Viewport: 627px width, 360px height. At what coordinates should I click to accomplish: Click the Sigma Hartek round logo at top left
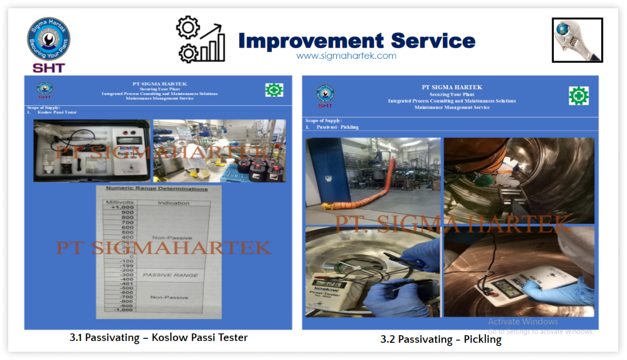[x=48, y=39]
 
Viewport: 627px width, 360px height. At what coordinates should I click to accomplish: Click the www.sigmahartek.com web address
[x=346, y=56]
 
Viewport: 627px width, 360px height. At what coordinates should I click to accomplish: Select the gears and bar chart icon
[x=201, y=39]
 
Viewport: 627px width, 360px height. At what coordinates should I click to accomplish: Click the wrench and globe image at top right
[x=577, y=40]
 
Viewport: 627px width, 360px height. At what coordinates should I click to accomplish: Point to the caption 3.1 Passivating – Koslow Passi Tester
[x=158, y=337]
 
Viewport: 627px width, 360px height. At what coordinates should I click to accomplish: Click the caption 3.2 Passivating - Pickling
[x=441, y=339]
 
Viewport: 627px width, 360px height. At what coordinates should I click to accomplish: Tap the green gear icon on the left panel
[x=274, y=90]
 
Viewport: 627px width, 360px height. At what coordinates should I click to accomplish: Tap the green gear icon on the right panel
[x=579, y=96]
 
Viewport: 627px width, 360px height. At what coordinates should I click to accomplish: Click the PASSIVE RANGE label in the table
[x=170, y=275]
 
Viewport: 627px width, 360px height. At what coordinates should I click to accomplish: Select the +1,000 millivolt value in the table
[x=120, y=207]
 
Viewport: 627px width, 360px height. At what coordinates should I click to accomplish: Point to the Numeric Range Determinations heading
[x=157, y=189]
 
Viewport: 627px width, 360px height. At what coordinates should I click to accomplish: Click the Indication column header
[x=173, y=203]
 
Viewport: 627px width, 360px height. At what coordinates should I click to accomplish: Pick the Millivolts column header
[x=120, y=202]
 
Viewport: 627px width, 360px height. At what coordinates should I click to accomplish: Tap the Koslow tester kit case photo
[x=92, y=151]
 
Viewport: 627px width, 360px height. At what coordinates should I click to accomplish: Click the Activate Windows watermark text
[x=523, y=321]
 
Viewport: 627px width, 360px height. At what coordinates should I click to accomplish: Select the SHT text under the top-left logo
[x=48, y=68]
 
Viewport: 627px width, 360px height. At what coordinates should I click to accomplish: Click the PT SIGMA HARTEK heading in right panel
[x=452, y=87]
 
